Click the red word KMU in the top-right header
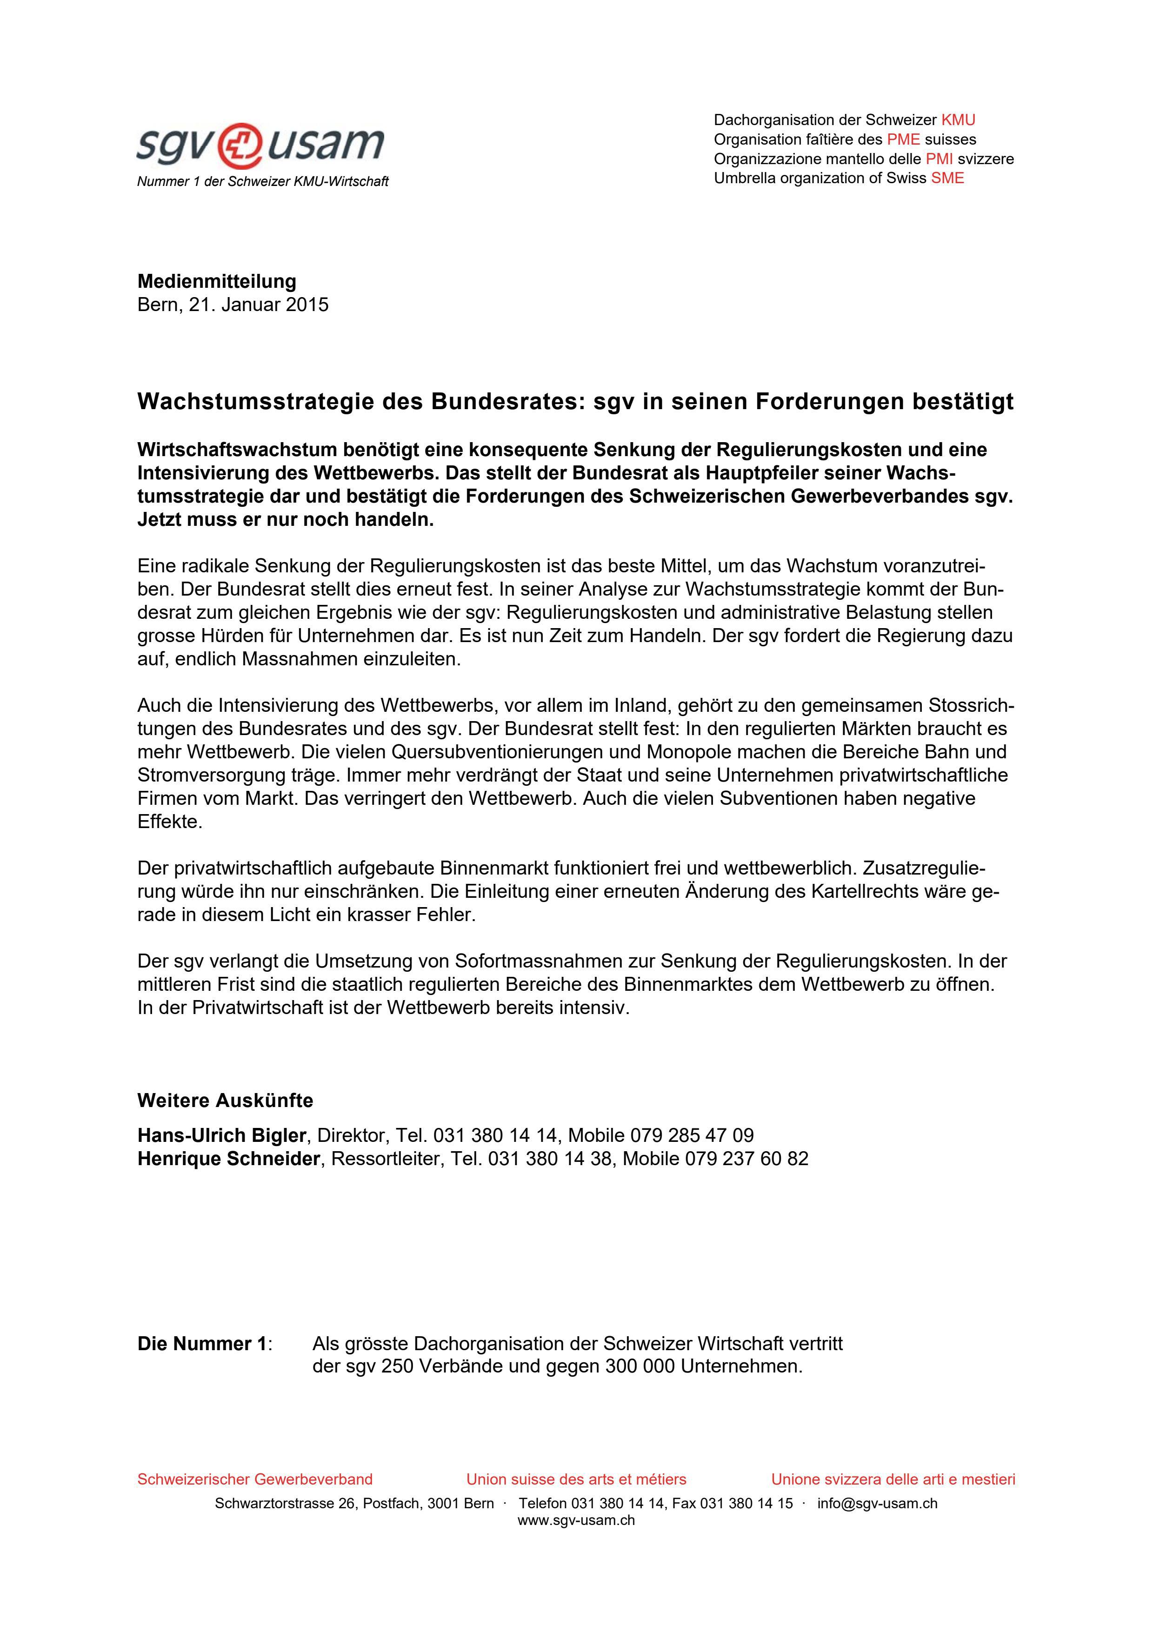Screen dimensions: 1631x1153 [x=958, y=119]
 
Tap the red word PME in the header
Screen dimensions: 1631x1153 [x=903, y=139]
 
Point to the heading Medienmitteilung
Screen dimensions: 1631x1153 [x=217, y=281]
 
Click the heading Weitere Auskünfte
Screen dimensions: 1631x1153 [x=225, y=1101]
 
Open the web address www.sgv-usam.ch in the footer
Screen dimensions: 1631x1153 [x=576, y=1520]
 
